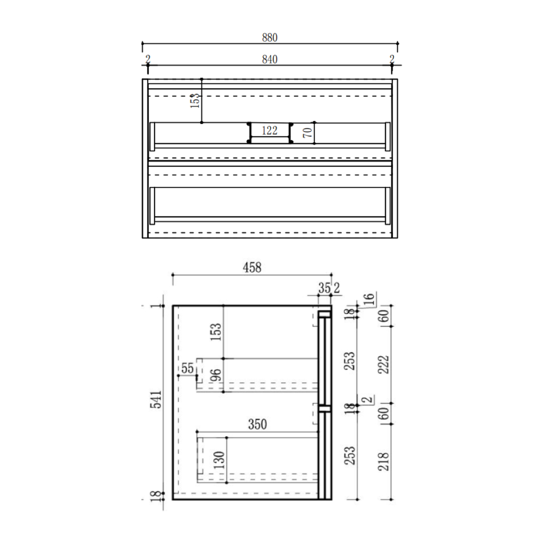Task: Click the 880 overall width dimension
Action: point(270,38)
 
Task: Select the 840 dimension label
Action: point(270,59)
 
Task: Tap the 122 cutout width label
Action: point(270,131)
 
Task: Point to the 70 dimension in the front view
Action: point(308,132)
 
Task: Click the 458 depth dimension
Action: point(252,267)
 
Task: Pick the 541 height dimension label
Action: point(156,399)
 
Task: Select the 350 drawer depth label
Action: point(257,424)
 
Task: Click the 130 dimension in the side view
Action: point(219,460)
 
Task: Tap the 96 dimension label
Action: point(216,375)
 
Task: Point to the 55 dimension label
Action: point(187,368)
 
